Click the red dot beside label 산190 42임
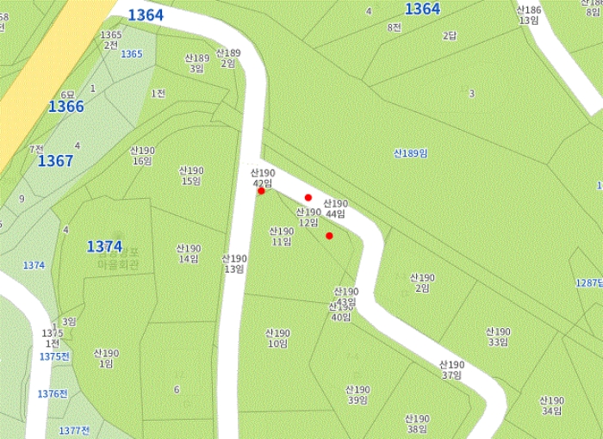[x=261, y=191]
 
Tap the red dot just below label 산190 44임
[x=329, y=236]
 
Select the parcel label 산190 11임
[x=281, y=237]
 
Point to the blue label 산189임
[x=411, y=153]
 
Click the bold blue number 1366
[x=66, y=107]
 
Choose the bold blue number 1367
[x=55, y=161]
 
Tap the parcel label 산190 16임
[x=142, y=156]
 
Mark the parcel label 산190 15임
[x=190, y=176]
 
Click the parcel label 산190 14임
[x=188, y=253]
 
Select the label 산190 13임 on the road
[x=234, y=263]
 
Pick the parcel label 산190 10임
[x=277, y=338]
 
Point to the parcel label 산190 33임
[x=498, y=337]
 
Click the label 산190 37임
[x=452, y=370]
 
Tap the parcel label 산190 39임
[x=357, y=394]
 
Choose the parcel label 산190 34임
[x=551, y=405]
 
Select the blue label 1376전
[x=53, y=393]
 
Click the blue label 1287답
[x=589, y=282]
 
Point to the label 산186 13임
[x=528, y=15]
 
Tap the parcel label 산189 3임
[x=196, y=63]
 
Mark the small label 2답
[x=450, y=36]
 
